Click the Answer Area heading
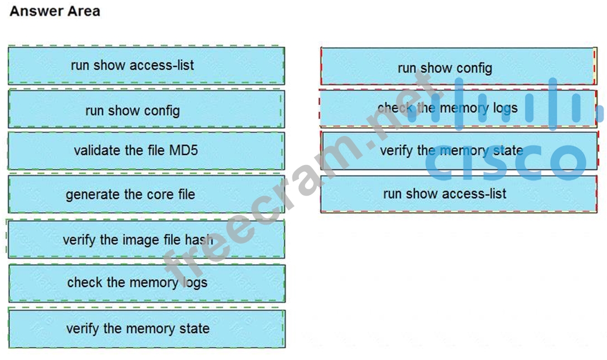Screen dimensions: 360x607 [55, 11]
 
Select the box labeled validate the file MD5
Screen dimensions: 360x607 [146, 150]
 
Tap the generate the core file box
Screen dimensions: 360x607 [146, 194]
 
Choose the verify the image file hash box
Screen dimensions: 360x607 [146, 240]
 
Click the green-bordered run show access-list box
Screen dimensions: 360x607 [146, 65]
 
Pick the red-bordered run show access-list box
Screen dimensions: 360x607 [458, 194]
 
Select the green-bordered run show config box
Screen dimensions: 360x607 [146, 110]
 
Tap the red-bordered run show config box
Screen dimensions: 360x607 [458, 68]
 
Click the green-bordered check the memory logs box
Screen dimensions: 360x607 [146, 283]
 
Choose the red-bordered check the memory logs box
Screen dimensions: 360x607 [458, 108]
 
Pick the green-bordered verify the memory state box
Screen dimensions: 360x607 [146, 328]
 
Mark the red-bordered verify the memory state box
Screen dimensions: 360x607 [458, 150]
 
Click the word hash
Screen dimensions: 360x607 [199, 240]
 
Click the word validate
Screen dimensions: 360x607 [95, 150]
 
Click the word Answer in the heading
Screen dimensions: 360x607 [32, 11]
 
